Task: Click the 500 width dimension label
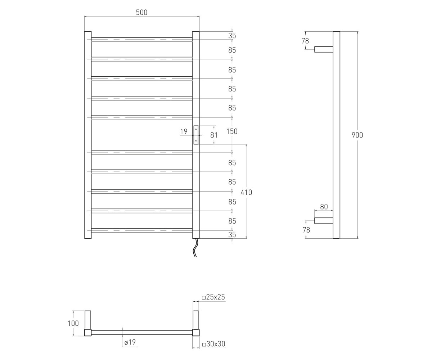[142, 13]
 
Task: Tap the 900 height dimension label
[357, 135]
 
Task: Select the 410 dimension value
[246, 193]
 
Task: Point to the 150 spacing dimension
[232, 131]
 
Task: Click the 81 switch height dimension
[214, 135]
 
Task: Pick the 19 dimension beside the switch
[184, 131]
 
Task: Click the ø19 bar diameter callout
[130, 342]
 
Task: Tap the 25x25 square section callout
[213, 297]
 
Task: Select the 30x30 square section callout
[213, 344]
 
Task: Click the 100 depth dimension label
[73, 323]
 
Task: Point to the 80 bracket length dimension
[324, 207]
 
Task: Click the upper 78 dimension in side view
[305, 41]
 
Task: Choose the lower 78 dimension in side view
[306, 230]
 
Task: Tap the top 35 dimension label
[232, 36]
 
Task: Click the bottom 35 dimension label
[232, 235]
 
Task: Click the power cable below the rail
[195, 248]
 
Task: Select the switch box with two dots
[196, 135]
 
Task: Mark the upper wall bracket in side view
[324, 49]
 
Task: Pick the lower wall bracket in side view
[324, 221]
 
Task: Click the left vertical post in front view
[88, 135]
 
